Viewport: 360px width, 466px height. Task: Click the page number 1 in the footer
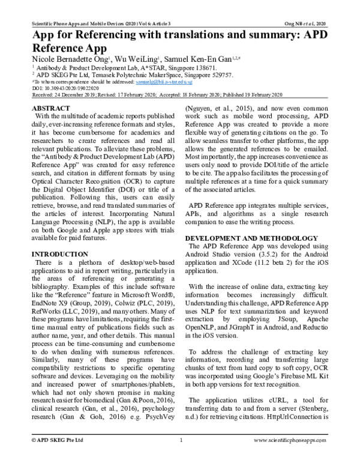181,457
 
